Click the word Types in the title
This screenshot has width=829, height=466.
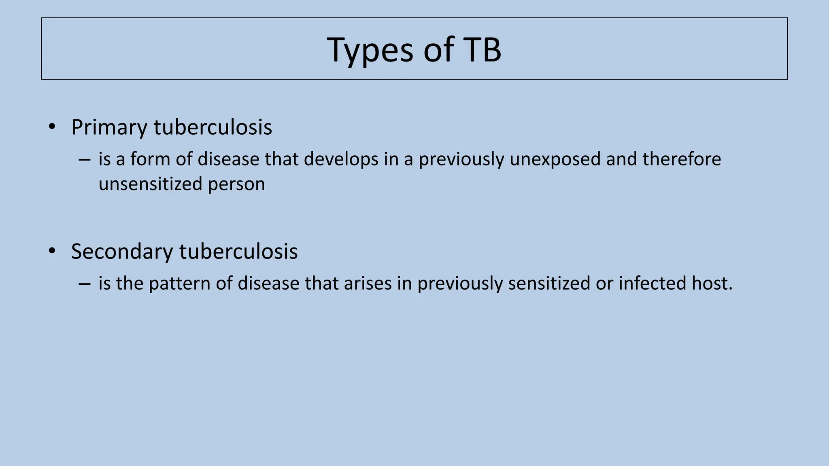(x=370, y=50)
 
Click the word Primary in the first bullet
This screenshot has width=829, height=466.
(x=109, y=127)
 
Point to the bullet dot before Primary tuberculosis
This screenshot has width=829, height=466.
(x=51, y=127)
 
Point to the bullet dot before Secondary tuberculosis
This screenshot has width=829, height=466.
(x=51, y=251)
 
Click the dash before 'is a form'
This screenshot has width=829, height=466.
(x=85, y=160)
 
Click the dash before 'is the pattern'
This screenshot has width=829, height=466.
(x=85, y=284)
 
